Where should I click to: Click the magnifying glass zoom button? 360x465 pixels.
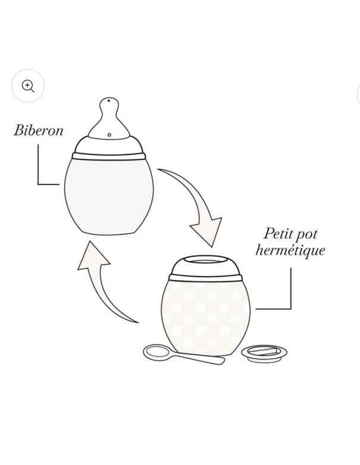28,86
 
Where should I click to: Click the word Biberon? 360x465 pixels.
39,130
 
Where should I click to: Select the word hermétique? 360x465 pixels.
290,250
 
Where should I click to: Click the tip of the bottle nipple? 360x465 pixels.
109,102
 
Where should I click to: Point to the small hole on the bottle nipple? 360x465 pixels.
109,135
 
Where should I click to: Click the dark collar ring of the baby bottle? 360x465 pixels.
109,155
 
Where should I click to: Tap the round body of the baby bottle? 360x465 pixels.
109,193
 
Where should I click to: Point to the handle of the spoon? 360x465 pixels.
199,358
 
